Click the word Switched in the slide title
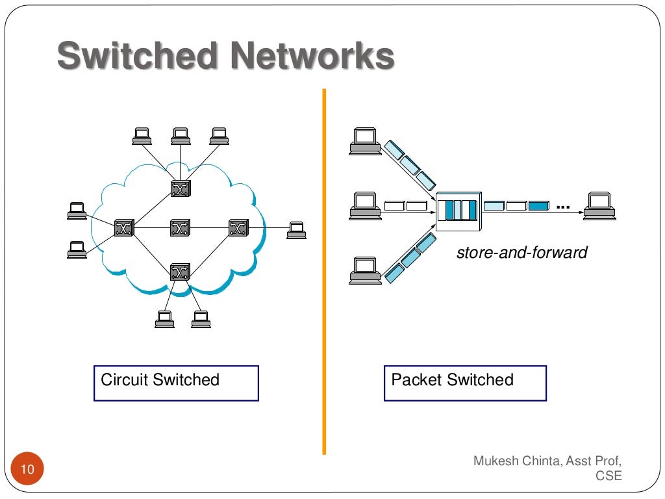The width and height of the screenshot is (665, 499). pos(137,57)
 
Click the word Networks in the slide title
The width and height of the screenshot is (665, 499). pos(310,57)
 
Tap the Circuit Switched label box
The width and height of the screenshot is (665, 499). pos(176,383)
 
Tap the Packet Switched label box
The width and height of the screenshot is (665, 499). pos(465,383)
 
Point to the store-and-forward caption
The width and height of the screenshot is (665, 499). pos(521,252)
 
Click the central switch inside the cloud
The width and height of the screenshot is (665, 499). pos(179,228)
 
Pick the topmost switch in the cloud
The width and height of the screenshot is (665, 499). pos(179,188)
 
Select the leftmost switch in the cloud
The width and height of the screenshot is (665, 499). pos(123,228)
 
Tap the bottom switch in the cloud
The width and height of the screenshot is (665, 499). pos(179,272)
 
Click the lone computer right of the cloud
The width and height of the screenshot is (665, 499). pos(296,230)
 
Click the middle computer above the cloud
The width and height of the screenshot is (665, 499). pos(181,136)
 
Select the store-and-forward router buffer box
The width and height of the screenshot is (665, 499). pos(458,211)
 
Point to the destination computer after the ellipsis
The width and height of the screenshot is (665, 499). pos(599,205)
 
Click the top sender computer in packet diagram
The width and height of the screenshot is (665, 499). pos(364,140)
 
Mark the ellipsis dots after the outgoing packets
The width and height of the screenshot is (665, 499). pos(563,207)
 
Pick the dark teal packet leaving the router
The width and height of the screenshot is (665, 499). pos(538,206)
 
